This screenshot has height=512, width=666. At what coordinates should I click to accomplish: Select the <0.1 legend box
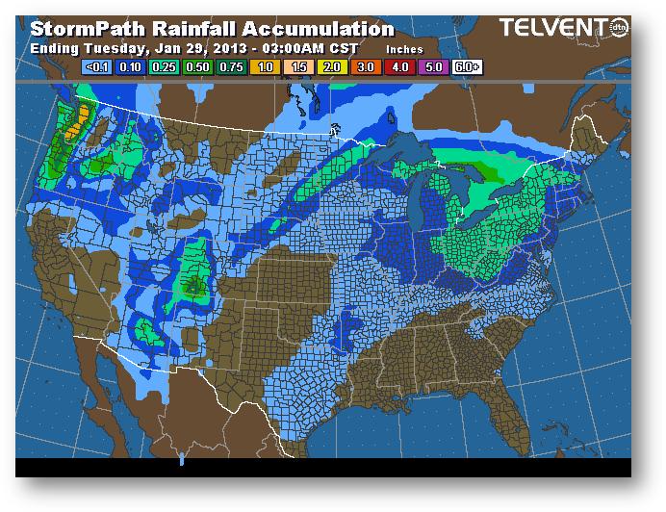(x=97, y=67)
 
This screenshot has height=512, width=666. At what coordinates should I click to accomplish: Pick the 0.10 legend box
(x=131, y=67)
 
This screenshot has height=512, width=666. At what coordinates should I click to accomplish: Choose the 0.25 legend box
(x=164, y=67)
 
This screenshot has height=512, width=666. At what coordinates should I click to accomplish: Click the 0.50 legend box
(x=197, y=67)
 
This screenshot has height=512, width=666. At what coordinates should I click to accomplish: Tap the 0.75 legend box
(x=231, y=67)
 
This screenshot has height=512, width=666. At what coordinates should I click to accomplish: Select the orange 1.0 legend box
(x=264, y=67)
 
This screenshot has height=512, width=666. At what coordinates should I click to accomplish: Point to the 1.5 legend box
(x=297, y=67)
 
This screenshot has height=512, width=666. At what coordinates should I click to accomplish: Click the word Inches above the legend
(x=403, y=48)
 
